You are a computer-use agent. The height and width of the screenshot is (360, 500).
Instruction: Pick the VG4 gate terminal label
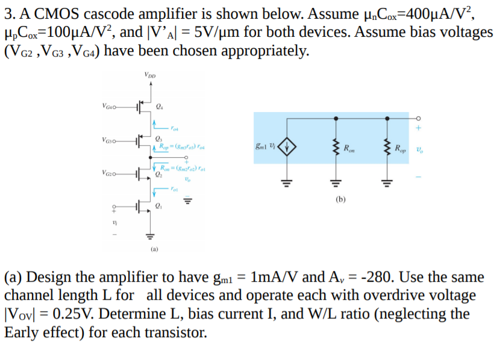[x=110, y=108]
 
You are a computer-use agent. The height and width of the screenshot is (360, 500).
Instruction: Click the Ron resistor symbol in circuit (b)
[x=335, y=146]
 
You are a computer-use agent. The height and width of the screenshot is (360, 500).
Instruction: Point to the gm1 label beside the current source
[x=263, y=146]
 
